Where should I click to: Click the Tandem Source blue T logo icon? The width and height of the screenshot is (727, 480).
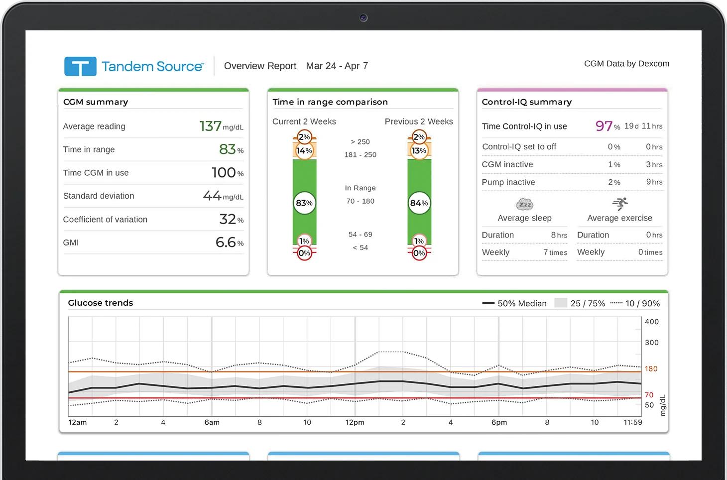80,66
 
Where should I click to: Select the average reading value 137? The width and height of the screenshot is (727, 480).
211,126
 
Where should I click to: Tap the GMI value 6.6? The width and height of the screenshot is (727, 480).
226,242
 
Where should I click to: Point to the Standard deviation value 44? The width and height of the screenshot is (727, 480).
212,196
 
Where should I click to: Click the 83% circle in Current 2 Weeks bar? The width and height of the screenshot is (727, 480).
304,203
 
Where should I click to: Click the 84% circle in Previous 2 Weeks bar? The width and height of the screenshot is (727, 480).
419,203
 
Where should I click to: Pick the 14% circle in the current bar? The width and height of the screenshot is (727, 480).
304,150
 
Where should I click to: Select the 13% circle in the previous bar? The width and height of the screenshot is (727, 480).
419,150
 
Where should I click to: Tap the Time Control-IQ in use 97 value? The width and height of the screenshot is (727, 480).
604,126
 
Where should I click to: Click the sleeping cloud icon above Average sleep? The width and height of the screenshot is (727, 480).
525,204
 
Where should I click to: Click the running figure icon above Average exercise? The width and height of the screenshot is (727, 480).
620,204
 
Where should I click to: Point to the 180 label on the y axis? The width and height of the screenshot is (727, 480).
651,369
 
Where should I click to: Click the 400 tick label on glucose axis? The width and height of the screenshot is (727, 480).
651,322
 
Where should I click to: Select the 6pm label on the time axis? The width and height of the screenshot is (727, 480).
499,422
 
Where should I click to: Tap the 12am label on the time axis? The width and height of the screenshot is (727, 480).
78,422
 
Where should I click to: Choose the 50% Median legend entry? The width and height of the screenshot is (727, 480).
515,303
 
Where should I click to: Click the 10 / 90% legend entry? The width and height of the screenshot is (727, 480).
635,303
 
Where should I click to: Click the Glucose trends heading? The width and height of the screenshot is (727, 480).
101,303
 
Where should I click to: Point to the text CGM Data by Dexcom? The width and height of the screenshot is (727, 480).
626,64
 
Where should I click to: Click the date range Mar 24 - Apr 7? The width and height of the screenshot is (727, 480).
337,66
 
